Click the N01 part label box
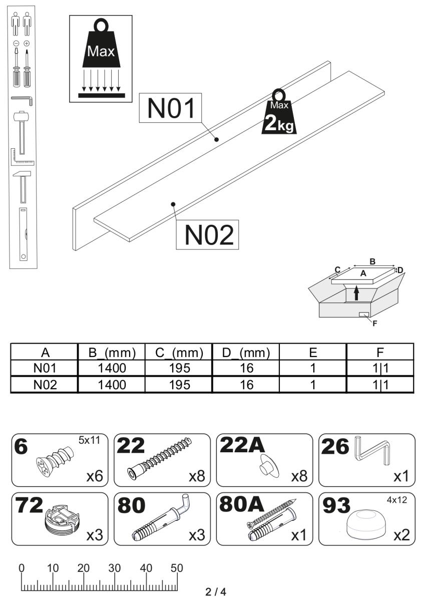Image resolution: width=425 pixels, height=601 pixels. [x=170, y=108]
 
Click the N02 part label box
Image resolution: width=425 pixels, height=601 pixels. [x=207, y=235]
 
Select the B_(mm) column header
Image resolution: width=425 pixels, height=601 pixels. [x=112, y=353]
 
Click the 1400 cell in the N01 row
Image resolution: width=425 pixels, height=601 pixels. [x=112, y=368]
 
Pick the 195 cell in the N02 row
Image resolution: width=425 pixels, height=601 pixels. [x=179, y=385]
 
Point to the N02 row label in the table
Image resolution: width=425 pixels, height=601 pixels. [x=45, y=385]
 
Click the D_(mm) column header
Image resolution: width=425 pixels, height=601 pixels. [x=246, y=353]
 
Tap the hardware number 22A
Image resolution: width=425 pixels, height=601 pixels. [x=242, y=445]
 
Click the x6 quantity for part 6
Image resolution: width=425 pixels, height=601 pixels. [x=95, y=476]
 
